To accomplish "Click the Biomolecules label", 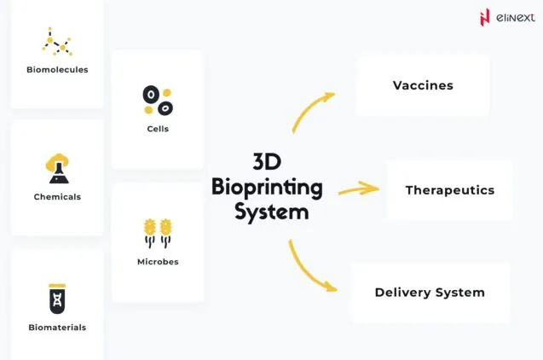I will pos(57,70).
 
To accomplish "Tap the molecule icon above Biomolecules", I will pos(57,42).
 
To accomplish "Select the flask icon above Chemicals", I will pos(57,168).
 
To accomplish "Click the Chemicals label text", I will pos(57,197).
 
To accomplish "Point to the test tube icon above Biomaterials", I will pos(57,299).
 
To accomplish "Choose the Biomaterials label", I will pos(57,328).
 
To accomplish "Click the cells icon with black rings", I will pos(158,101).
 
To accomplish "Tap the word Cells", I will pos(158,130).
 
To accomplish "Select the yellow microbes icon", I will pos(158,232).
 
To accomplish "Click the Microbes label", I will pos(158,262).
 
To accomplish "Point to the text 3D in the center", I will pos(266,162).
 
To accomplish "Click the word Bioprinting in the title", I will pos(267,186).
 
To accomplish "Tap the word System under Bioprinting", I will pos(271,210).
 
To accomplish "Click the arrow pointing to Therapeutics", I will pos(357,189).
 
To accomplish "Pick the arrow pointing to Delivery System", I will pos(311,268).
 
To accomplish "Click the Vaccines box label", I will pos(423,85).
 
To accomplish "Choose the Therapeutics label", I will pos(449,190).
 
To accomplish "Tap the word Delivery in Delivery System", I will pos(401,293).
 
